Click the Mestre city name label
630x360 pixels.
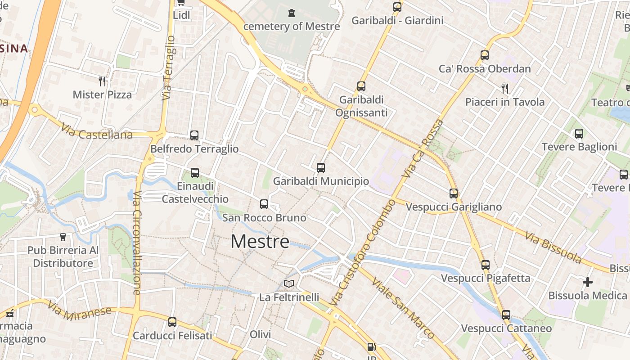[260, 242]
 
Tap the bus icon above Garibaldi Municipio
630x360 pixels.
[321, 168]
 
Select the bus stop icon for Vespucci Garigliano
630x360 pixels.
[454, 193]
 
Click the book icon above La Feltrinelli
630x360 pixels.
[289, 284]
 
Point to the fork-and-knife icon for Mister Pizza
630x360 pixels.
[102, 81]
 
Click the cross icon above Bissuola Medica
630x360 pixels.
[588, 282]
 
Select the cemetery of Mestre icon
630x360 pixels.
[292, 13]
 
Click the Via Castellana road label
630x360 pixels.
[97, 131]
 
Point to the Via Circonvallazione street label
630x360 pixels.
[137, 243]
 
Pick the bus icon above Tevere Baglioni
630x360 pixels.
[579, 133]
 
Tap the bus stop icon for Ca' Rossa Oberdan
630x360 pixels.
[485, 55]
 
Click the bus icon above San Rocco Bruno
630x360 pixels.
[264, 204]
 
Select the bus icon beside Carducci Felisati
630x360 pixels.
[172, 322]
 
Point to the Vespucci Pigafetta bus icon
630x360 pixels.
[485, 265]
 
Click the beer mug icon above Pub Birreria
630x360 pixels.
[63, 237]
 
